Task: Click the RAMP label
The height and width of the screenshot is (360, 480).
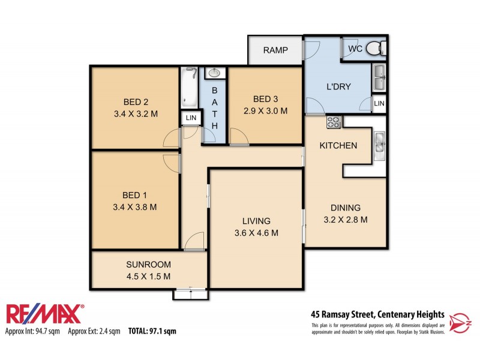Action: point(275,50)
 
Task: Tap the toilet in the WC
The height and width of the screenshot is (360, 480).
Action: point(376,48)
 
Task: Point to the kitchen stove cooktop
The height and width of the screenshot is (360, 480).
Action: point(333,122)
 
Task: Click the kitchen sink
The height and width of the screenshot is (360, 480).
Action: point(379,144)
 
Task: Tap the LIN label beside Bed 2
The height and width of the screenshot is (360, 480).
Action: point(191,118)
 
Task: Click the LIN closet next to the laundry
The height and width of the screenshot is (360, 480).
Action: point(379,104)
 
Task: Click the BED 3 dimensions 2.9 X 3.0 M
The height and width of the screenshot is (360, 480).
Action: point(265,110)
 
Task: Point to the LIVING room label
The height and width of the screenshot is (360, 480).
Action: point(256,220)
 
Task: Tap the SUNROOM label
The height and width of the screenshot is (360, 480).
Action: point(148,264)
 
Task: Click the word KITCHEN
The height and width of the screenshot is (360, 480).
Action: point(338,145)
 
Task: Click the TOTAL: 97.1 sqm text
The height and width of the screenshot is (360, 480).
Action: point(152,331)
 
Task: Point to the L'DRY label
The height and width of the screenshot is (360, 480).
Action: point(338,86)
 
